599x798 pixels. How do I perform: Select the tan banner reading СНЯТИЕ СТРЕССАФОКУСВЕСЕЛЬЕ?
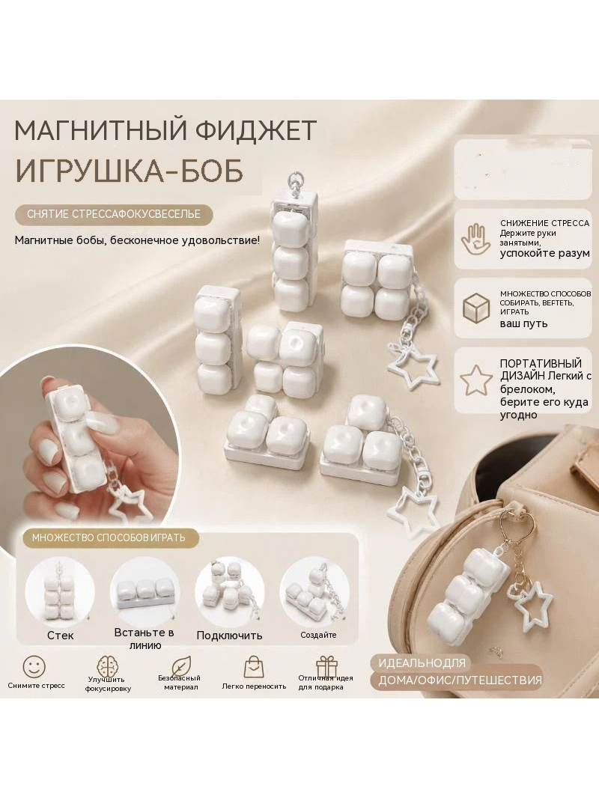pyautogui.click(x=114, y=214)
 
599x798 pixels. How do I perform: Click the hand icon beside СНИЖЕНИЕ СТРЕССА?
pyautogui.click(x=476, y=240)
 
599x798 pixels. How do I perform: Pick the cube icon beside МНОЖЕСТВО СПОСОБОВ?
pyautogui.click(x=476, y=308)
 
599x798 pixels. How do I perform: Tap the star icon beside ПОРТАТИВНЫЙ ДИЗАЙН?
pyautogui.click(x=475, y=380)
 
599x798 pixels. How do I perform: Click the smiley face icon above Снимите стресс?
pyautogui.click(x=34, y=666)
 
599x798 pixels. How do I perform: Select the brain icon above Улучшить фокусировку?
pyautogui.click(x=107, y=665)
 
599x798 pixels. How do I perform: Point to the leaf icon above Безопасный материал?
pyautogui.click(x=180, y=665)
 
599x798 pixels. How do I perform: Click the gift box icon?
pyautogui.click(x=326, y=666)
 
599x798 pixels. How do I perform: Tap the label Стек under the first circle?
pyautogui.click(x=61, y=635)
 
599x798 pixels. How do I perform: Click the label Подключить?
pyautogui.click(x=230, y=635)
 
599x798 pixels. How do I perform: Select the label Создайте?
pyautogui.click(x=318, y=635)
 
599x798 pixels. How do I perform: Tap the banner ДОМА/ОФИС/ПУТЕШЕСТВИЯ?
pyautogui.click(x=460, y=680)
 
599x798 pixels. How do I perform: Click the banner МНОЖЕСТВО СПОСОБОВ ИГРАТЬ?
pyautogui.click(x=109, y=538)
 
